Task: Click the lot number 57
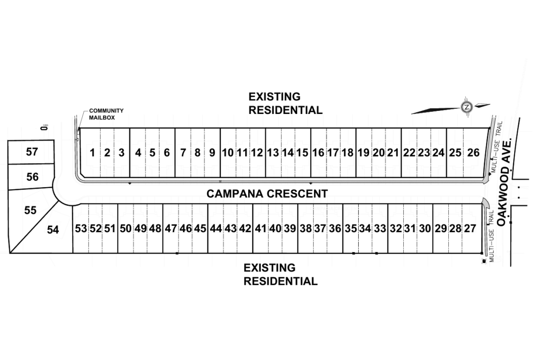pos(32,152)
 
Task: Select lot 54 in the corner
pos(53,230)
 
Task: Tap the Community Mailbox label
pos(106,114)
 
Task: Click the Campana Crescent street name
pos(267,194)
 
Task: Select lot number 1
pos(92,153)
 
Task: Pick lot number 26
pos(473,153)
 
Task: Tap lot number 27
pos(470,229)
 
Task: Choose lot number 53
pos(81,229)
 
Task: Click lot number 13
pos(272,153)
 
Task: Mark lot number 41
pos(261,229)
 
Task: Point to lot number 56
pos(32,177)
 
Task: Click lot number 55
pos(30,210)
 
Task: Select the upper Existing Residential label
pos(285,103)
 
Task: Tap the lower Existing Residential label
pos(280,274)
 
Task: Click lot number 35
pos(351,229)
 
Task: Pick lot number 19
pos(364,153)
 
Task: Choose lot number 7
pos(183,153)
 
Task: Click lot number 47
pos(171,229)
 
